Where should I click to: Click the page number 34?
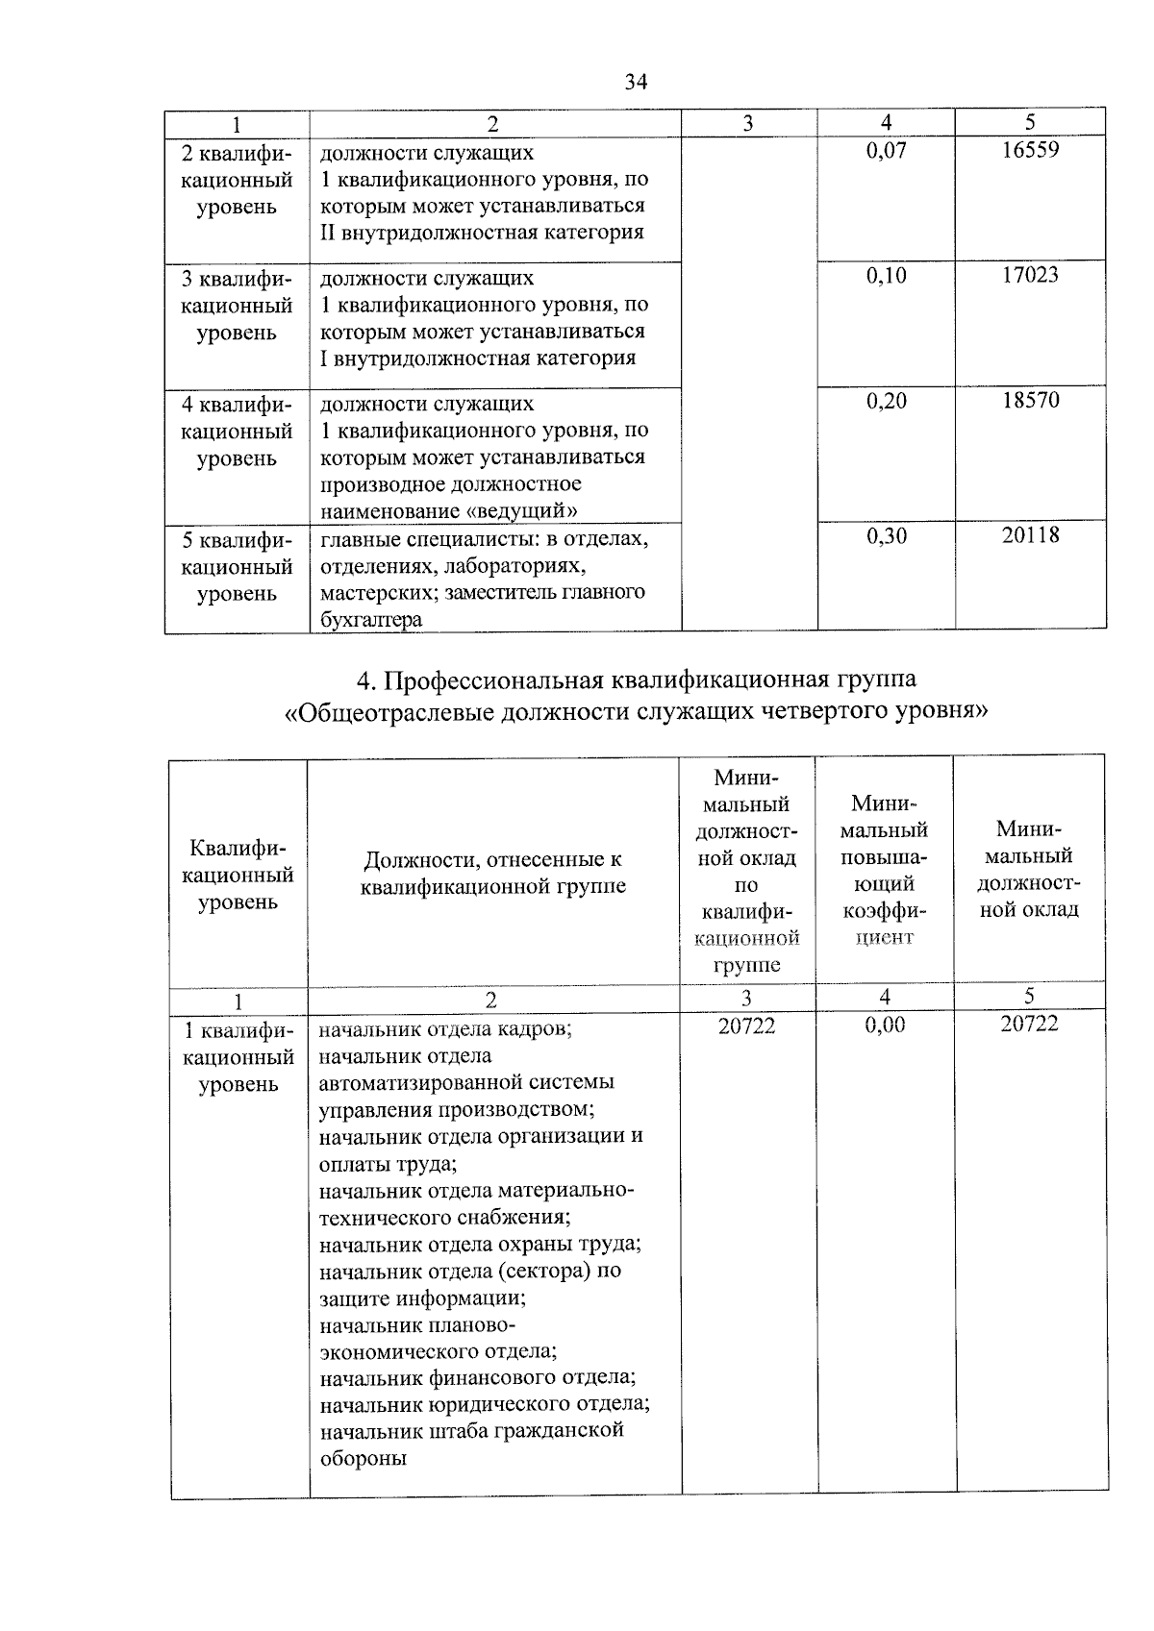[x=636, y=82]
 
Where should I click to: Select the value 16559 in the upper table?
[x=1030, y=150]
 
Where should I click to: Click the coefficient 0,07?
[x=886, y=150]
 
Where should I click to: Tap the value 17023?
[x=1030, y=275]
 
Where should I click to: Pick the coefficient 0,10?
[x=886, y=275]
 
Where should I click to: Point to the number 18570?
[x=1030, y=400]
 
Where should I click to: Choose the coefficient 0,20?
[x=886, y=400]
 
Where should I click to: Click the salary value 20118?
[x=1030, y=535]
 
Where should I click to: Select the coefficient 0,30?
[x=886, y=535]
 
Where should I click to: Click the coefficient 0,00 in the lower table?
[x=885, y=1025]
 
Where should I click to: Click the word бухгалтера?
[x=371, y=620]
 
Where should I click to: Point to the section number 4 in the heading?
[x=364, y=680]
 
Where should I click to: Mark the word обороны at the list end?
[x=363, y=1457]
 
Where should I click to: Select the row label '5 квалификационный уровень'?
[x=237, y=566]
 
